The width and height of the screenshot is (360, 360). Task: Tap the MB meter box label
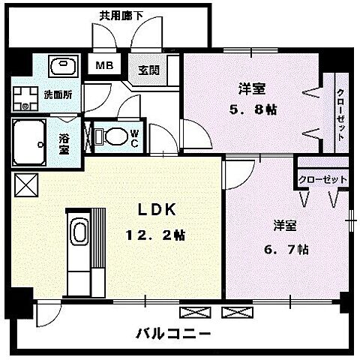click(103, 65)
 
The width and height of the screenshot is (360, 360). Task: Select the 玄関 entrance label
click(148, 70)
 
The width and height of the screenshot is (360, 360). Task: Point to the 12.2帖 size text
click(154, 235)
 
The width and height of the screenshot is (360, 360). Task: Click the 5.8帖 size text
click(253, 109)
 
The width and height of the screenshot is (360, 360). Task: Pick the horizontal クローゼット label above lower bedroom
click(322, 180)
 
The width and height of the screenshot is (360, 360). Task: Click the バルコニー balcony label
click(174, 333)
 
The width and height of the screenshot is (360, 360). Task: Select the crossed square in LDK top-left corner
click(24, 183)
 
